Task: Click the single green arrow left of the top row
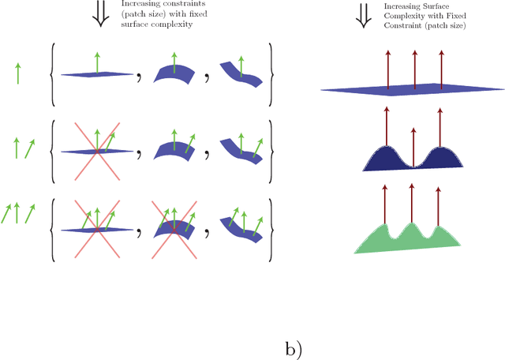pos(17,74)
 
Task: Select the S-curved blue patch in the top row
pos(241,73)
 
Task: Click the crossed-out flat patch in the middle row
pos(96,150)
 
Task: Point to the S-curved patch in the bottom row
pos(241,227)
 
